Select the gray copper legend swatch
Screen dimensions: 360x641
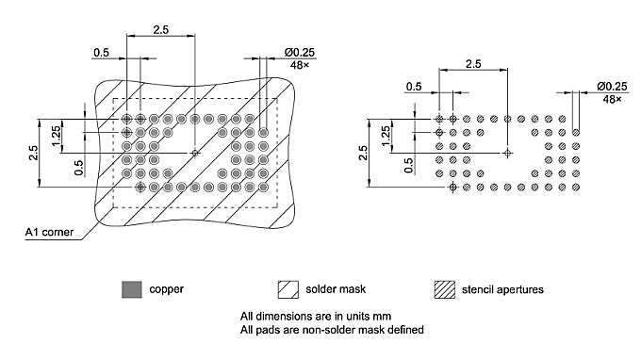pyautogui.click(x=131, y=288)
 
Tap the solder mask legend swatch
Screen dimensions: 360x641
pyautogui.click(x=288, y=288)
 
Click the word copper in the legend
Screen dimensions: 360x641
pyautogui.click(x=166, y=288)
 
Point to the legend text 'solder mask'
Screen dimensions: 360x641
pyautogui.click(x=335, y=288)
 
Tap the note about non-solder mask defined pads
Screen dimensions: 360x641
pyautogui.click(x=332, y=329)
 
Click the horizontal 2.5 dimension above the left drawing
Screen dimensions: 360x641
pyautogui.click(x=159, y=30)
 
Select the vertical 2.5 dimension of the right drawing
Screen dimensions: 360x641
pyautogui.click(x=364, y=154)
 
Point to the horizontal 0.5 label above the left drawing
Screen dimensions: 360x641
pyautogui.click(x=101, y=52)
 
